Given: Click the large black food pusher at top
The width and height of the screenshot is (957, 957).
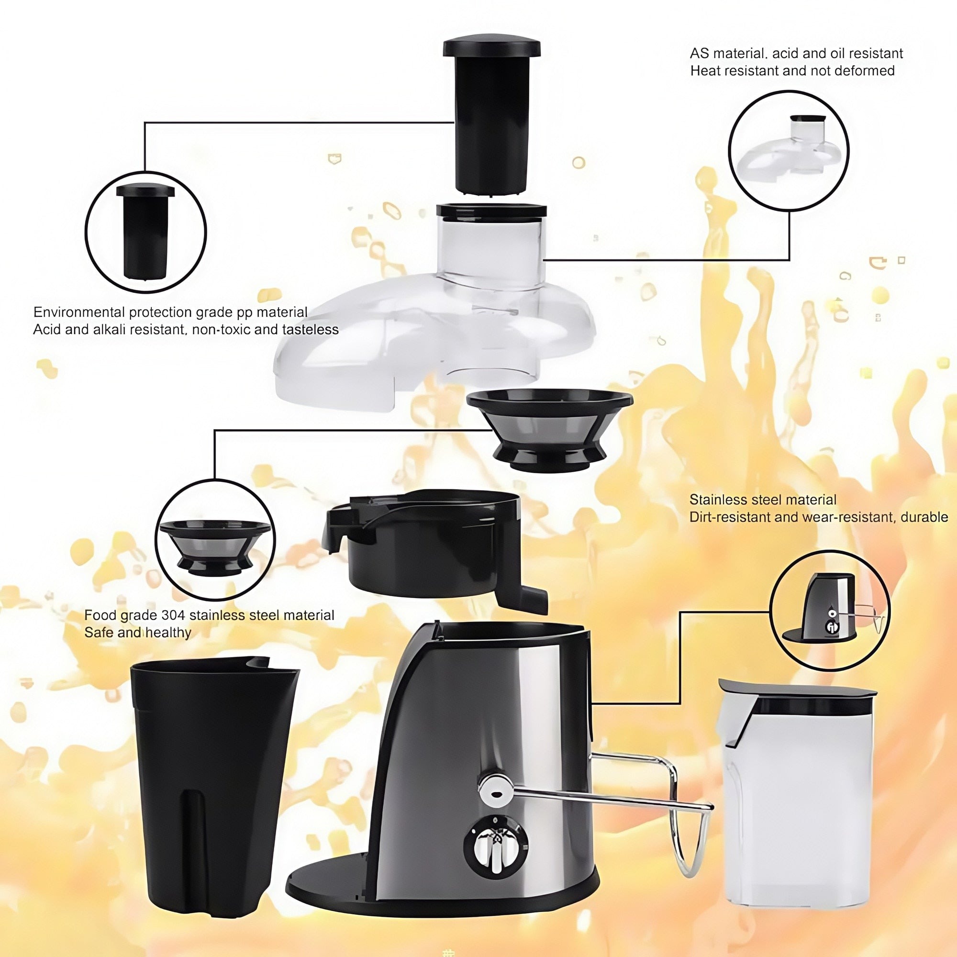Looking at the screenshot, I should click(491, 119).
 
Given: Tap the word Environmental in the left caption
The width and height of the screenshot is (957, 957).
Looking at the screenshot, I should click(79, 312).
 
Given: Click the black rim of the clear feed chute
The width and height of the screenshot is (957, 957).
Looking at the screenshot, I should click(491, 210).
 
